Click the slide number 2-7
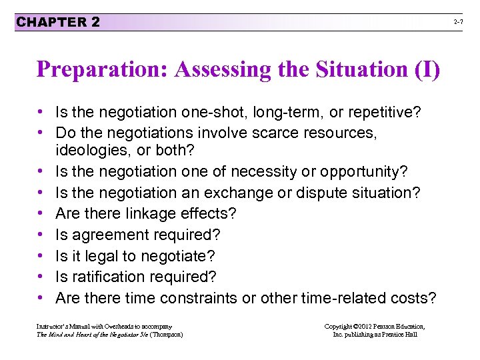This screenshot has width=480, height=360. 459,23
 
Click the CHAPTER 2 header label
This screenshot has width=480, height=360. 58,22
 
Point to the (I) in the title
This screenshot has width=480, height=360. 427,70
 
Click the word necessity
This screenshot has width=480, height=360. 262,171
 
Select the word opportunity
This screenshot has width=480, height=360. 363,171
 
